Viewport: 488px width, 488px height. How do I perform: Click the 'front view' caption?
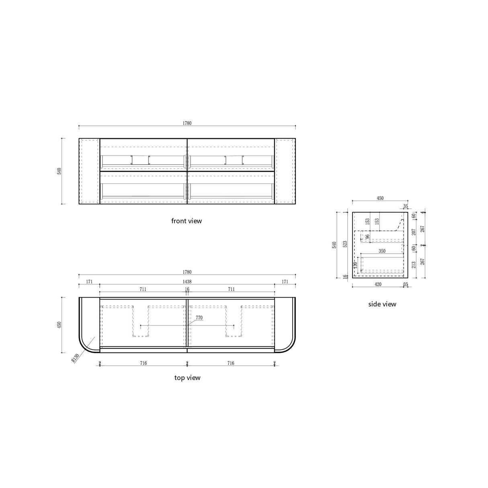187,221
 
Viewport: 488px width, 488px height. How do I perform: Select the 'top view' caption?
187,378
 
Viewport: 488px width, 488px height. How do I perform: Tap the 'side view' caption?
382,304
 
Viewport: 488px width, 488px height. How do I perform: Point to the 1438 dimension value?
187,282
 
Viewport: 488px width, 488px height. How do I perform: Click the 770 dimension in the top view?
199,318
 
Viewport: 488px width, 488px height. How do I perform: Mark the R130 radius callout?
74,358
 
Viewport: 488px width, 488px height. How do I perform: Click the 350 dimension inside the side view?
381,251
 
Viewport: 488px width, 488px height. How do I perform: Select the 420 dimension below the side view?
378,285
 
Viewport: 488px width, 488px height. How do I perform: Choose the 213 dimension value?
414,265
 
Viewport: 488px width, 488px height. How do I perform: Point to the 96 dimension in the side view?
367,237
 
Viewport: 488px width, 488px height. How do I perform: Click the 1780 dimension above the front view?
187,123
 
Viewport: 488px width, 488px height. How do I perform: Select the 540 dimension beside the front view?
59,171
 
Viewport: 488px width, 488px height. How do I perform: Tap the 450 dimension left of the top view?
59,325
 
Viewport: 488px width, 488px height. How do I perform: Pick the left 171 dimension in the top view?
89,282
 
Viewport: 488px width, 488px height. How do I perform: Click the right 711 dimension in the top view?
231,289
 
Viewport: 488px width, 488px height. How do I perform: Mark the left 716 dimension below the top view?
144,363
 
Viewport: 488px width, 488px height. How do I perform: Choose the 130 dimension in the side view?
355,265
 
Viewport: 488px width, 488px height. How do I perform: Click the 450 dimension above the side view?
380,198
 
